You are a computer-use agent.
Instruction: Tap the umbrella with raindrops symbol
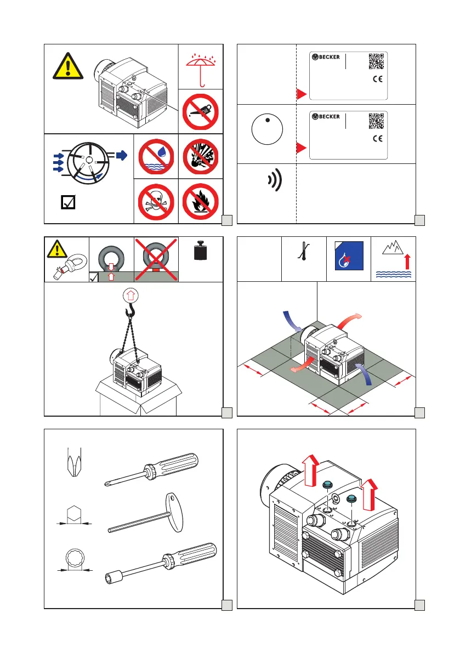tap(200, 66)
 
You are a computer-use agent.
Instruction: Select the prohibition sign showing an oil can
tap(200, 111)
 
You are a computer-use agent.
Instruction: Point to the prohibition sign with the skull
tap(156, 201)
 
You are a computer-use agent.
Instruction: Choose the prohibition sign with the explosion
tap(200, 156)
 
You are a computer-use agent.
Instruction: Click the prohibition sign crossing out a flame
tap(200, 201)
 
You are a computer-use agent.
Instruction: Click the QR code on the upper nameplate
tap(376, 61)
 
